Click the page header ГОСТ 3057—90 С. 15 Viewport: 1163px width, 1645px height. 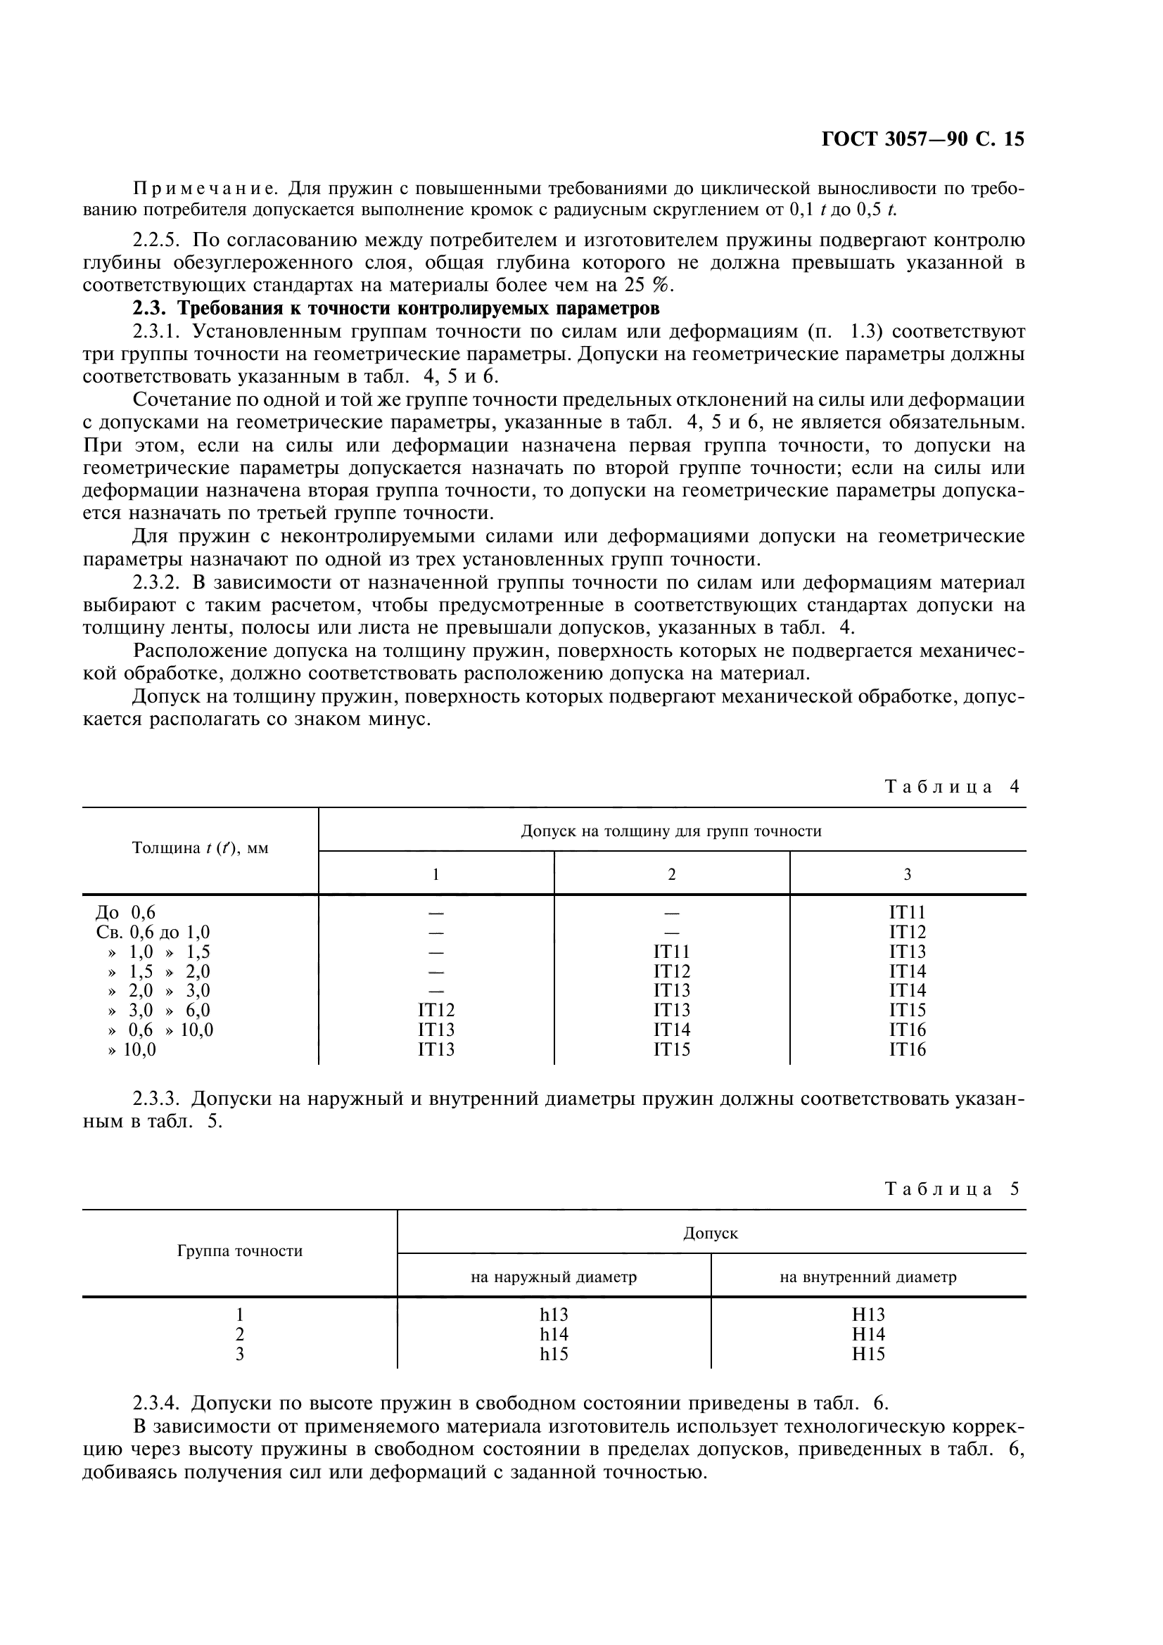coord(922,139)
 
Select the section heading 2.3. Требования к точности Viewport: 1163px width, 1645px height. coord(395,309)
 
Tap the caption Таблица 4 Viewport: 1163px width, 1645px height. coord(952,787)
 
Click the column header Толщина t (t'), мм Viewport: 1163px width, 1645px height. coord(200,848)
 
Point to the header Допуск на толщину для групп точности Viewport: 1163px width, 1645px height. coord(671,831)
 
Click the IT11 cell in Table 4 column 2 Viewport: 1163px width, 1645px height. coord(671,952)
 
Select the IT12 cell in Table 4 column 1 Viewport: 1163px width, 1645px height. coord(436,1010)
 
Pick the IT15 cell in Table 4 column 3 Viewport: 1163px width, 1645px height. coord(907,1010)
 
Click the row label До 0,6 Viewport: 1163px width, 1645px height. coord(125,913)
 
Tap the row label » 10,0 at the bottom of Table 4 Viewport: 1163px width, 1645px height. coord(132,1049)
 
